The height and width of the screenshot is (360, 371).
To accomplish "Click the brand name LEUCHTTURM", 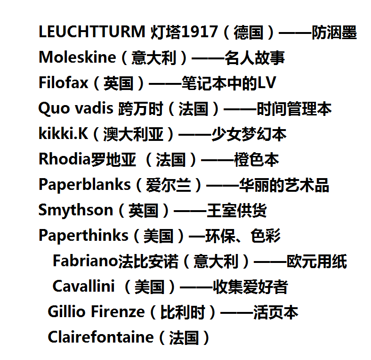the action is click(92, 32).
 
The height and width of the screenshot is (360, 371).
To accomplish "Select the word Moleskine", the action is click(77, 57).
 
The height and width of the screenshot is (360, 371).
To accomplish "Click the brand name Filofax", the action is click(63, 82).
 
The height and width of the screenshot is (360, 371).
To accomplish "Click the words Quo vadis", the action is click(76, 108).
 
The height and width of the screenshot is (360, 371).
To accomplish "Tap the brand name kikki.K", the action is click(63, 133).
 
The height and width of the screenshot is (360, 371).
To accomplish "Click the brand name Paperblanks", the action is click(84, 184).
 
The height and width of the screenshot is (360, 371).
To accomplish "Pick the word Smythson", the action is click(76, 210).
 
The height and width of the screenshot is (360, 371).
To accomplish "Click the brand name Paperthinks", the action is click(83, 235).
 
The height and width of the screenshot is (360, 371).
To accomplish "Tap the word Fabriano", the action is click(85, 261).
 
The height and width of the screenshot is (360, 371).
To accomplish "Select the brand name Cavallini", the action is click(83, 286).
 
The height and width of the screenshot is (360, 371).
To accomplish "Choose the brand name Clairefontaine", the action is click(101, 337).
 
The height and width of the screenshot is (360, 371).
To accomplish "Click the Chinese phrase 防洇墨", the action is click(334, 32).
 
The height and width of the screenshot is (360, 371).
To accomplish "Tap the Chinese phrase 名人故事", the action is click(255, 57).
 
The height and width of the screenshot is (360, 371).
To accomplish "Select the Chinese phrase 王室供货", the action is click(237, 210).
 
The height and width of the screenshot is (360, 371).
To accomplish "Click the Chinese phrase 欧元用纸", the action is click(316, 261).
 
